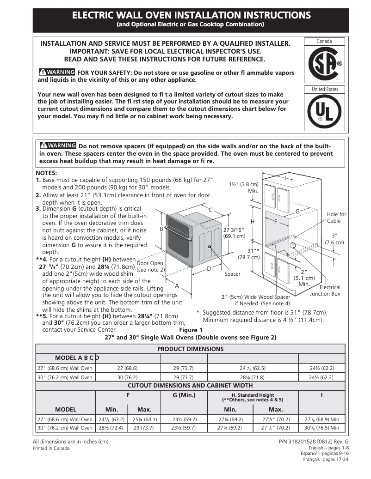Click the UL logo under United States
[324, 112]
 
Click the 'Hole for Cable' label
[336, 218]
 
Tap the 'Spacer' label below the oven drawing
[232, 274]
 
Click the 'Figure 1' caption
[191, 330]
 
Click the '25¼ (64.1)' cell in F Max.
[144, 420]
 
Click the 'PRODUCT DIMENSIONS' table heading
[190, 349]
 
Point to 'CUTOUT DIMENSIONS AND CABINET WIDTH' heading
[190, 385]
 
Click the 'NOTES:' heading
[46, 173]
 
